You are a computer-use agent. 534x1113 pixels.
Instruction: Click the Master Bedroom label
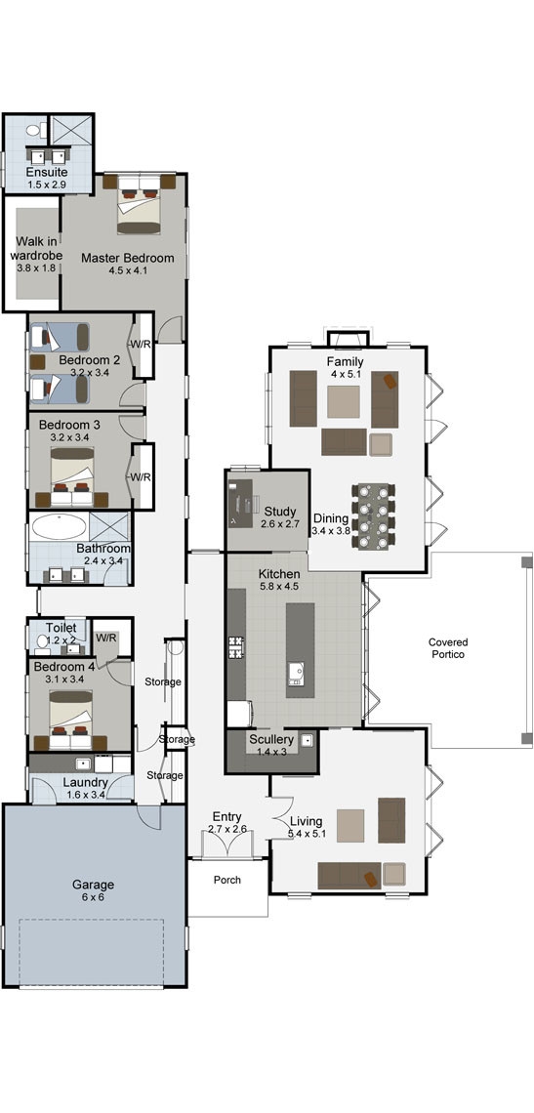[127, 258]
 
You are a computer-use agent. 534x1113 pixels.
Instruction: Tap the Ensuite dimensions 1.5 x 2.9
[47, 185]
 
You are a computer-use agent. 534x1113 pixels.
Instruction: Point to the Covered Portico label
[448, 648]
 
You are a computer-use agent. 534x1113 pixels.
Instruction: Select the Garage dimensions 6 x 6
[93, 898]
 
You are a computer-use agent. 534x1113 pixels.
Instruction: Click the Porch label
[227, 880]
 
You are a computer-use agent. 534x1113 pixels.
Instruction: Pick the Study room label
[279, 511]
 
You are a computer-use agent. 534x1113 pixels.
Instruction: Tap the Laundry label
[85, 782]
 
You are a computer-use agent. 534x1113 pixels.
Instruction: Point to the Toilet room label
[61, 628]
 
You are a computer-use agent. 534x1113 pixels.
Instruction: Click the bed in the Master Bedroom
[140, 204]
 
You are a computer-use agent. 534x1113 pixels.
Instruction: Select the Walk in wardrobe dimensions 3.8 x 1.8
[38, 268]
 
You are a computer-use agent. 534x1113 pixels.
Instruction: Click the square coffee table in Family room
[344, 401]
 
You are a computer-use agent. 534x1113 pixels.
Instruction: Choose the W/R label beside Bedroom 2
[140, 345]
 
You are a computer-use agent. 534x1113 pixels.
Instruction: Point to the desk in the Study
[241, 501]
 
